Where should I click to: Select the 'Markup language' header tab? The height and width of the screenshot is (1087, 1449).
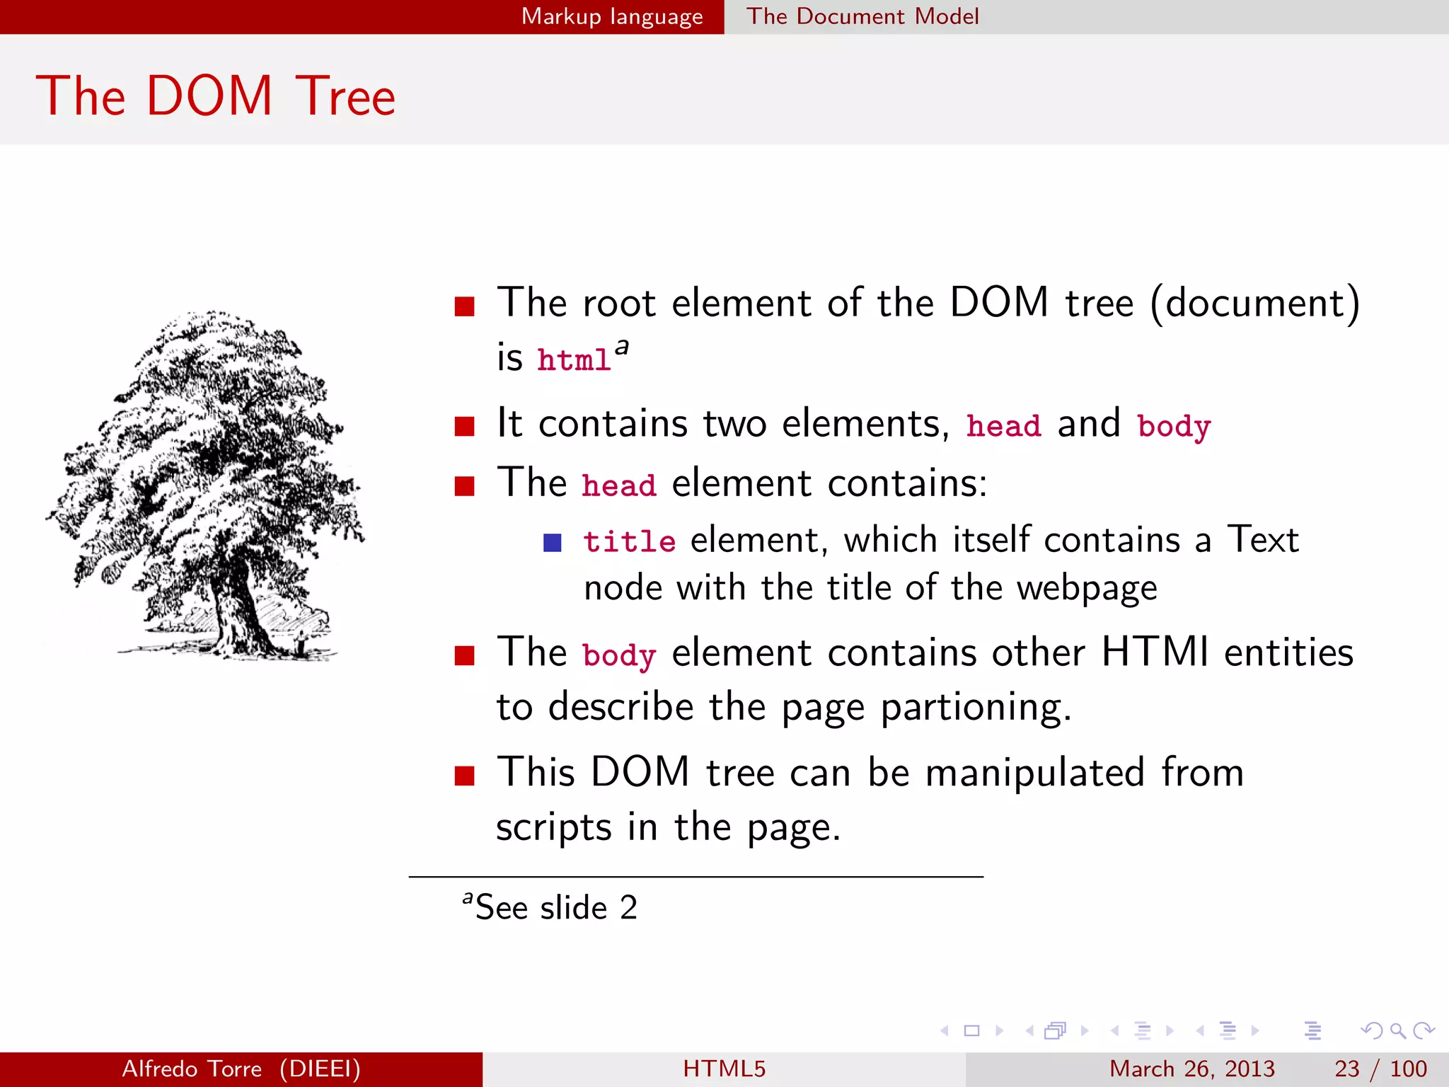pyautogui.click(x=612, y=16)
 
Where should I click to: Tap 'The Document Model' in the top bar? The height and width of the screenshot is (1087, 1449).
pyautogui.click(x=862, y=16)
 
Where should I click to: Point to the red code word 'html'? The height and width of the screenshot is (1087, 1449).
pyautogui.click(x=574, y=360)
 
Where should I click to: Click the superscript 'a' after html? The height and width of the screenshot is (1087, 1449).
pyautogui.click(x=622, y=347)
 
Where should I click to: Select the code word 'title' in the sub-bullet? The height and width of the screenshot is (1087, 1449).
pyautogui.click(x=629, y=542)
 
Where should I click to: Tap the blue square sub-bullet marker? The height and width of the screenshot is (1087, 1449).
pyautogui.click(x=552, y=543)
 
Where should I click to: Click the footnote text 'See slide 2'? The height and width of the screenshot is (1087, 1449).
pyautogui.click(x=556, y=908)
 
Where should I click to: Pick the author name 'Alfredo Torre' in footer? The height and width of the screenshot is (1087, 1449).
pyautogui.click(x=192, y=1069)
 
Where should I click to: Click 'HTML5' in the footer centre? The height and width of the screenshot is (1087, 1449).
pyautogui.click(x=724, y=1069)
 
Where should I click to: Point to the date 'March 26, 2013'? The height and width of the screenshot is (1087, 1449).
pyautogui.click(x=1191, y=1069)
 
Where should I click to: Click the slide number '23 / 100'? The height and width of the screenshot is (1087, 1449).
pyautogui.click(x=1380, y=1069)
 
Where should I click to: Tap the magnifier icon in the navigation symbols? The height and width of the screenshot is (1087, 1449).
pyautogui.click(x=1397, y=1030)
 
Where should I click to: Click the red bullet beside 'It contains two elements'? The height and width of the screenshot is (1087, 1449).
pyautogui.click(x=464, y=426)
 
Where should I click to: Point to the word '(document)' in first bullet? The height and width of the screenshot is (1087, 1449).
pyautogui.click(x=1254, y=303)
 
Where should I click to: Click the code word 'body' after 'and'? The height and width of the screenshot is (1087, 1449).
pyautogui.click(x=1174, y=427)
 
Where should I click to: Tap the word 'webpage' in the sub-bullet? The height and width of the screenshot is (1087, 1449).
pyautogui.click(x=1087, y=588)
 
